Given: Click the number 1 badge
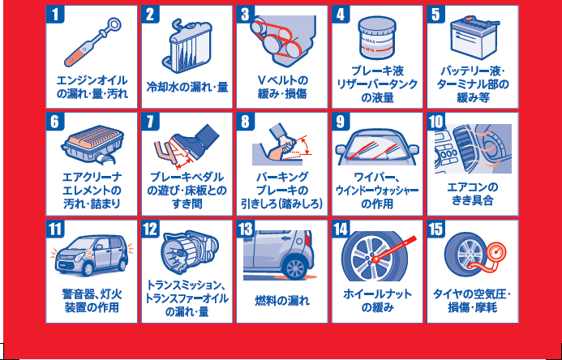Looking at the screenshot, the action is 55,15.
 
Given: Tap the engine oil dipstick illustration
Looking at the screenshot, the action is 92,43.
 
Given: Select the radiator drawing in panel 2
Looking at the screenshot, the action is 187,45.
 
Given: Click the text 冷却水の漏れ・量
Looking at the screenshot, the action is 187,87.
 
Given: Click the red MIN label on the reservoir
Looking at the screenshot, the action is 370,50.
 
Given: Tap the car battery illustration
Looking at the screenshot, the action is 474,38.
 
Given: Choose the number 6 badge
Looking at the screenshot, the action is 55,122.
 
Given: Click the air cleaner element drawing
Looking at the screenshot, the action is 92,144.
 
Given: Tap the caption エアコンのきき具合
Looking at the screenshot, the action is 473,194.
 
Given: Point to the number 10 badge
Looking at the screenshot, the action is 436,122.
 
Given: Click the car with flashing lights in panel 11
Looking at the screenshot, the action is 92,255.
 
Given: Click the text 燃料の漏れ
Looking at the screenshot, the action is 281,300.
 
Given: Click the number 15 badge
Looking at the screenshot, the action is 436,229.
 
